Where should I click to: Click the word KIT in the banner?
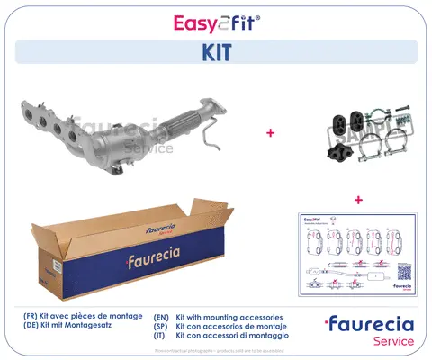[216, 51]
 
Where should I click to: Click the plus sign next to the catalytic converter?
[270, 133]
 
